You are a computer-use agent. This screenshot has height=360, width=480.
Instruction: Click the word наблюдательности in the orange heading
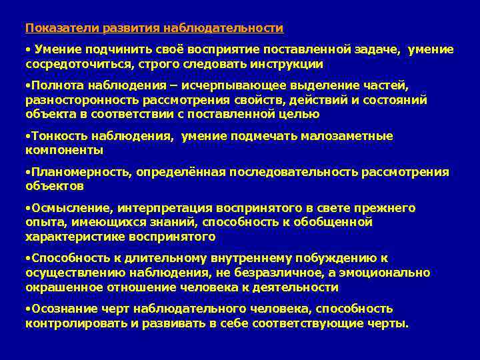pyautogui.click(x=228, y=28)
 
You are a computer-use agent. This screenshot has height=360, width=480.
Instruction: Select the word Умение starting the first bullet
pyautogui.click(x=57, y=49)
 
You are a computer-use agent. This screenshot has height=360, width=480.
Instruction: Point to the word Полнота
pyautogui.click(x=53, y=85)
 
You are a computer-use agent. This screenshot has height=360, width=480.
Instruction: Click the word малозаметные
pyautogui.click(x=349, y=135)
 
